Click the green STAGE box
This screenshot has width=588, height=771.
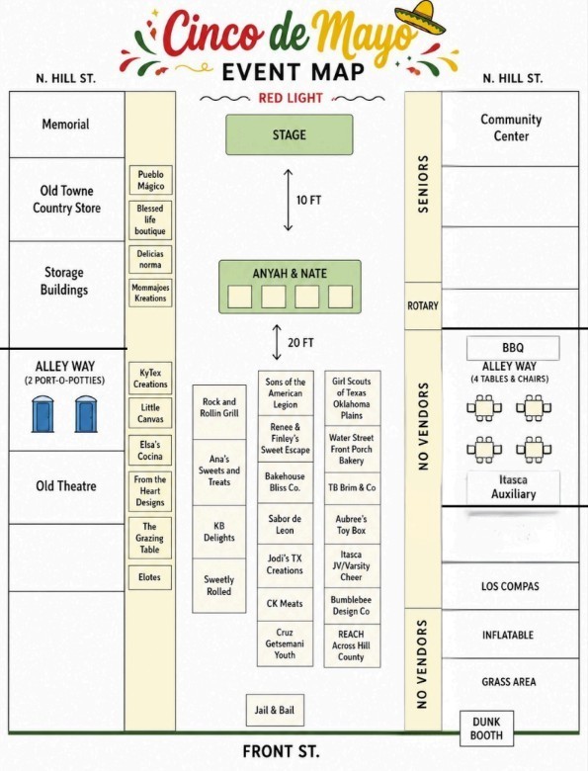(x=290, y=134)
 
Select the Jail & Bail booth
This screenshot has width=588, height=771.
(x=274, y=710)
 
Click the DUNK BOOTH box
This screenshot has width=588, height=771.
(x=486, y=728)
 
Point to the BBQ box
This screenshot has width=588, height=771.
(x=513, y=348)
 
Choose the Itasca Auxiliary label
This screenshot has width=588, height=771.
(x=513, y=486)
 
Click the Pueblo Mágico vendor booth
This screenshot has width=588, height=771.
(x=150, y=180)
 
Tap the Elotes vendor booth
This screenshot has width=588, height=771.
(x=150, y=577)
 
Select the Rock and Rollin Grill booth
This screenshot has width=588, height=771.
(x=219, y=408)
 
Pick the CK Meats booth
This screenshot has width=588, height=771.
(x=286, y=603)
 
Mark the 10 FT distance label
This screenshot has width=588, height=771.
(x=309, y=200)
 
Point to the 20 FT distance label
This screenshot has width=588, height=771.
(x=300, y=342)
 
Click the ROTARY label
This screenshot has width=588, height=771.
(x=423, y=306)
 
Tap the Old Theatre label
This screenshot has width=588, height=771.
(x=66, y=486)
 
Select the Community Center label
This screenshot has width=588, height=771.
(x=511, y=128)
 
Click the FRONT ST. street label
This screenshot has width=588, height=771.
(x=281, y=751)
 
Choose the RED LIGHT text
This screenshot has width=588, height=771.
(x=290, y=98)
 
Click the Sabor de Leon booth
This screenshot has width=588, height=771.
(x=286, y=524)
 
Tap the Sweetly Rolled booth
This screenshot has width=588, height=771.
(x=219, y=585)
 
